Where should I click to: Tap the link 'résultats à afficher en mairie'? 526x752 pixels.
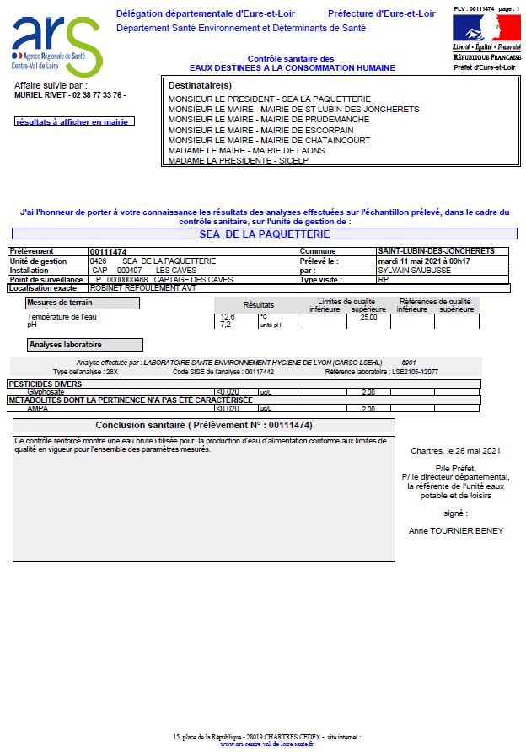[x=75, y=122]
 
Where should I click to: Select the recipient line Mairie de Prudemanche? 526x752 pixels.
[x=256, y=120]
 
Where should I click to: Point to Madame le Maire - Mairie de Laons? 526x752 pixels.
[x=241, y=150]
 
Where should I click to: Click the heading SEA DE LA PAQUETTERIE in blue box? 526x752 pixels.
[x=264, y=234]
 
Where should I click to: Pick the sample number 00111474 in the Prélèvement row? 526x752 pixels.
[x=108, y=251]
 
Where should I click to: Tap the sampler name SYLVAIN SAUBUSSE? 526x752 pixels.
[x=414, y=270]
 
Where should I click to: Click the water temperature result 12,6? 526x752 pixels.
[x=227, y=317]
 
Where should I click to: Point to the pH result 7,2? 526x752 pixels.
[x=225, y=325]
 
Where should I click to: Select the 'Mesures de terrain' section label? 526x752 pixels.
[x=60, y=303]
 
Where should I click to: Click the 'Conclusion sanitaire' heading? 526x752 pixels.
[x=204, y=425]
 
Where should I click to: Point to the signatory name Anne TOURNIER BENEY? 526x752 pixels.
[x=454, y=530]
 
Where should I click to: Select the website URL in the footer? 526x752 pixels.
[x=266, y=744]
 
